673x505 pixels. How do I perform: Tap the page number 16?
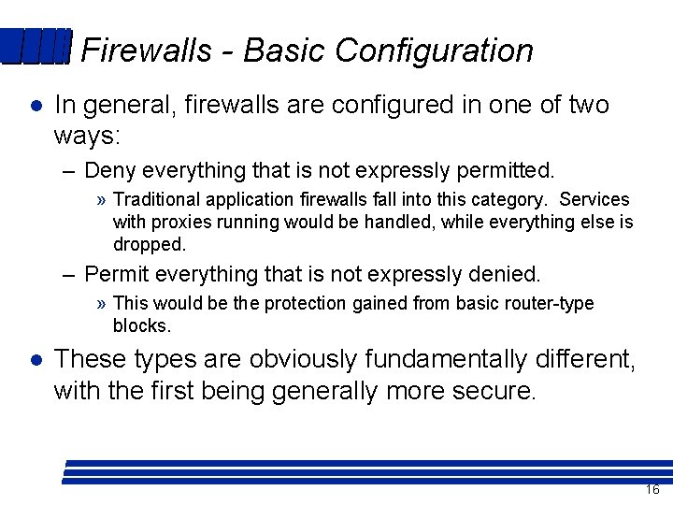652,490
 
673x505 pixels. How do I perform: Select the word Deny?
109,170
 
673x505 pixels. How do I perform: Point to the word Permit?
115,274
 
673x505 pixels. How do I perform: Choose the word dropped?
150,244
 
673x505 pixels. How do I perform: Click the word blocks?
141,325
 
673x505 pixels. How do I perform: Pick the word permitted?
510,170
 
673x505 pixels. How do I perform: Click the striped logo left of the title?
36,47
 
